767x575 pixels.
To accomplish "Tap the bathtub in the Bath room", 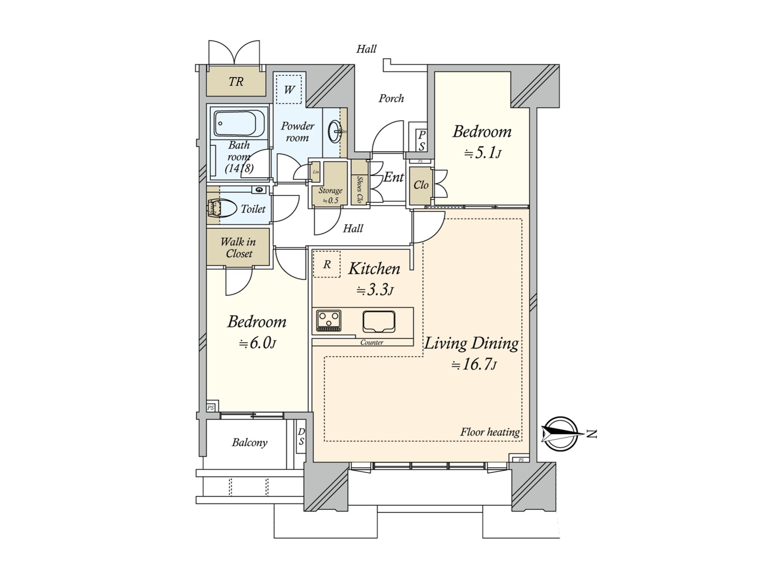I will coord(235,123).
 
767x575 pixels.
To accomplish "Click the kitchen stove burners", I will coord(329,320).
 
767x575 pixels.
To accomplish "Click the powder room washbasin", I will coord(335,131).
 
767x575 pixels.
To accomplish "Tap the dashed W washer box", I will coord(289,89).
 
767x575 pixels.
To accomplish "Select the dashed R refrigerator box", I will coord(327,264).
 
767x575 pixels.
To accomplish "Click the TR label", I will coord(236,82).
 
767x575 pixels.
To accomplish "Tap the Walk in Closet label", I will coord(238,248).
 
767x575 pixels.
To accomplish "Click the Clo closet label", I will coord(421,185).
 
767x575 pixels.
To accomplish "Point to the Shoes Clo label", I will coord(359,189).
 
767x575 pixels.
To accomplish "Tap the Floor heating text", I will coord(490,432).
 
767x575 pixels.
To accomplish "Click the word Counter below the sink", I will coord(372,342).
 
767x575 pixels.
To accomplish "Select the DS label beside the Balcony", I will coord(301,436).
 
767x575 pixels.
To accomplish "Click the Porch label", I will coord(391,98).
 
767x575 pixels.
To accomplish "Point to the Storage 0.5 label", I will coord(330,195).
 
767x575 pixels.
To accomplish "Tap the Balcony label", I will coord(250,442).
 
